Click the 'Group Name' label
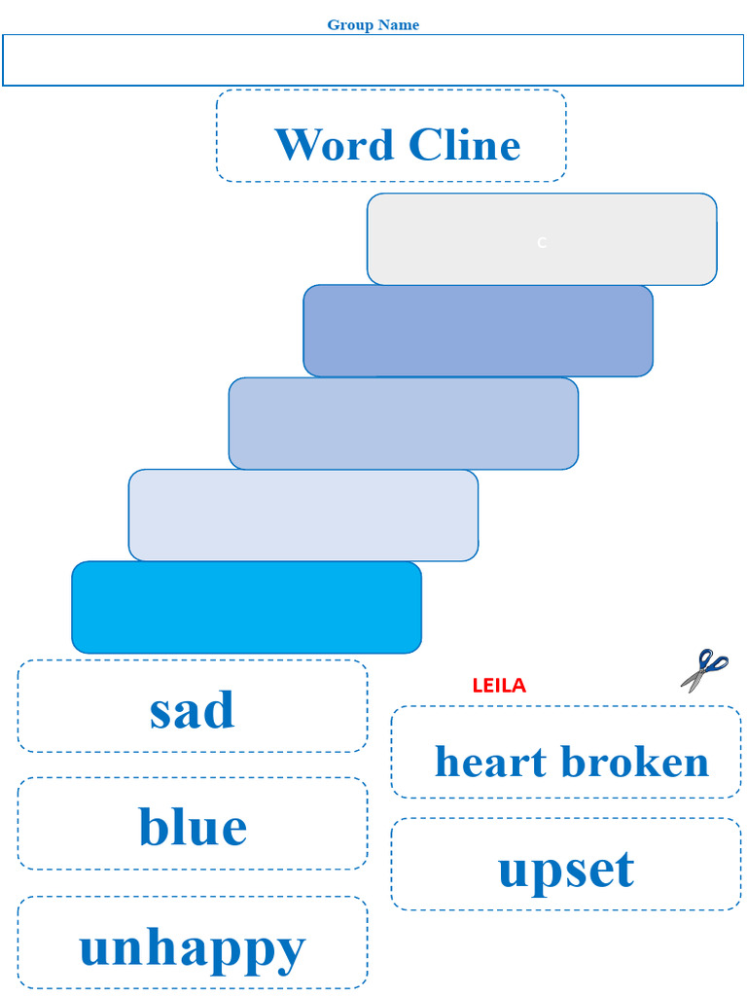pos(373,25)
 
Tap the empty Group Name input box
pos(373,60)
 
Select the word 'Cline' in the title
pos(464,145)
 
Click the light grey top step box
pos(542,239)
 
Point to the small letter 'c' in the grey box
pos(542,242)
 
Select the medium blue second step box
pos(478,331)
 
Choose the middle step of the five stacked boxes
pos(403,423)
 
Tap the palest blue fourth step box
pos(302,516)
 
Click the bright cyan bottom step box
pos(246,607)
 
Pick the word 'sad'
pos(192,710)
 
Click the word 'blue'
pos(192,827)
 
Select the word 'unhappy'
pos(192,946)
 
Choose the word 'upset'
pos(565,869)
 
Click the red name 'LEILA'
pos(498,686)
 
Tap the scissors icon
pos(704,670)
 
